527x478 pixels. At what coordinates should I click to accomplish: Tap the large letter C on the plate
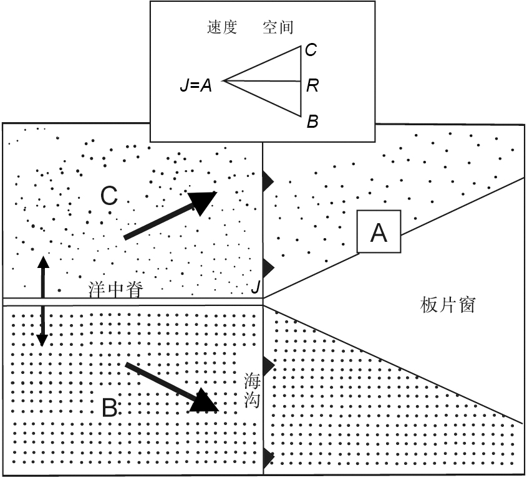(x=109, y=196)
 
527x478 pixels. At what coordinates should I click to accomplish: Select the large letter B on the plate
(x=109, y=409)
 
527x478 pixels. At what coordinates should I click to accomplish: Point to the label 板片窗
(x=448, y=305)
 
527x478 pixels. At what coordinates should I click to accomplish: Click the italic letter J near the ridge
(x=255, y=287)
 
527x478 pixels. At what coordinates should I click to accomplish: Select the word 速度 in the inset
(x=222, y=27)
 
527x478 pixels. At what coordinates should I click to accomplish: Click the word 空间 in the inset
(x=278, y=27)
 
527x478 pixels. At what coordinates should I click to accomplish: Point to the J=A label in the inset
(x=196, y=85)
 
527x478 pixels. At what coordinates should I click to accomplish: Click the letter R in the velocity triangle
(x=312, y=85)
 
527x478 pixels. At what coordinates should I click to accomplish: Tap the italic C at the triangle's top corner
(x=311, y=50)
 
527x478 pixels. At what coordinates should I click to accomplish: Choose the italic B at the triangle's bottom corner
(x=312, y=122)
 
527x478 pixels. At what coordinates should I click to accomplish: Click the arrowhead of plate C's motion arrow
(x=201, y=202)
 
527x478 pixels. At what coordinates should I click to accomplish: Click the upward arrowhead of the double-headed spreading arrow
(x=42, y=260)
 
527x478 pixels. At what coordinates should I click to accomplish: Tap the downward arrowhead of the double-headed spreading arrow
(x=42, y=340)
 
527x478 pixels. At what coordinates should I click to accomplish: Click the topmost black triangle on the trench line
(x=268, y=181)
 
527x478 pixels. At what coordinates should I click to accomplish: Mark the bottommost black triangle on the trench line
(x=268, y=456)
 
